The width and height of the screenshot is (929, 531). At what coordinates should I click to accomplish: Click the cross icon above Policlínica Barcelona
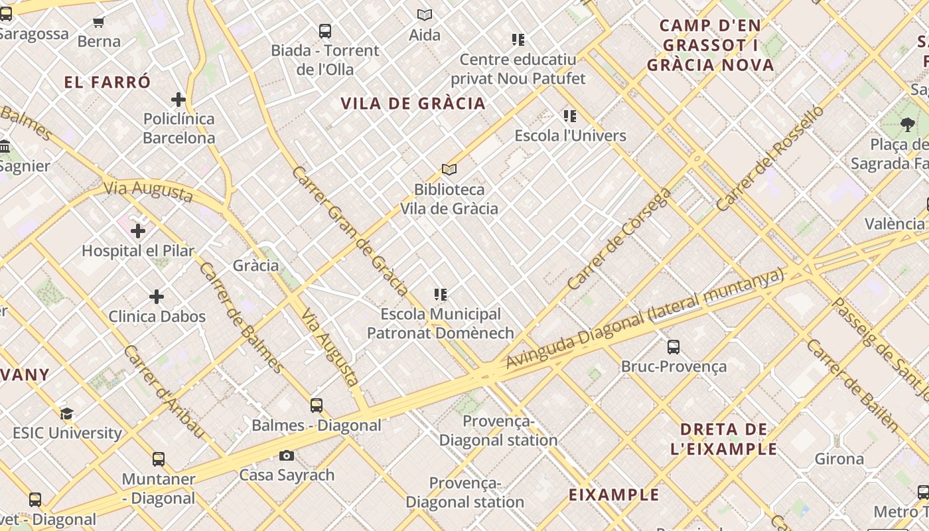[x=178, y=100]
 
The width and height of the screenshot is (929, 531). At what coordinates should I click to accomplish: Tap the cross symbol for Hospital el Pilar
[x=138, y=231]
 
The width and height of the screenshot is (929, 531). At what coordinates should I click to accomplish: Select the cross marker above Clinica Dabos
[x=157, y=297]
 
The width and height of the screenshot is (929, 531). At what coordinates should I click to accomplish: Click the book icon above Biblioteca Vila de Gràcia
[x=449, y=170]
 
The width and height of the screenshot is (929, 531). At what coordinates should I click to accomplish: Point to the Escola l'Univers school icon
[x=570, y=116]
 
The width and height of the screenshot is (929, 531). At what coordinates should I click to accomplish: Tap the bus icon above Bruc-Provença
[x=674, y=346]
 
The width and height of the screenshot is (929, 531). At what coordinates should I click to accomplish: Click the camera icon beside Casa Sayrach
[x=287, y=455]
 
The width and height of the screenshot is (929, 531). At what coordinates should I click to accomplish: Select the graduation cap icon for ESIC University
[x=66, y=414]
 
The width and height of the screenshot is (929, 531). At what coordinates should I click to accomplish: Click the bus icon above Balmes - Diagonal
[x=317, y=405]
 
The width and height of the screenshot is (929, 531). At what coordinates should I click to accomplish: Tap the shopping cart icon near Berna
[x=99, y=22]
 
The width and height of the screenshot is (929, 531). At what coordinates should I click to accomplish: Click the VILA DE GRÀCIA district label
[x=413, y=104]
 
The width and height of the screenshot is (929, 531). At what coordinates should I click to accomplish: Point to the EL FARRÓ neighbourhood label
[x=107, y=82]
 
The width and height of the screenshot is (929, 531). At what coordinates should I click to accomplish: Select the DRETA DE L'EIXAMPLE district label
[x=723, y=439]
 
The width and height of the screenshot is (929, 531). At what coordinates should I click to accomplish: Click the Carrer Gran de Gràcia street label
[x=350, y=230]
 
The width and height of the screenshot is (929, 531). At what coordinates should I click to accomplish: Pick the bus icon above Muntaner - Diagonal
[x=158, y=459]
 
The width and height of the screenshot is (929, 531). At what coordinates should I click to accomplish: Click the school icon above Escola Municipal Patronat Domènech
[x=440, y=294]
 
